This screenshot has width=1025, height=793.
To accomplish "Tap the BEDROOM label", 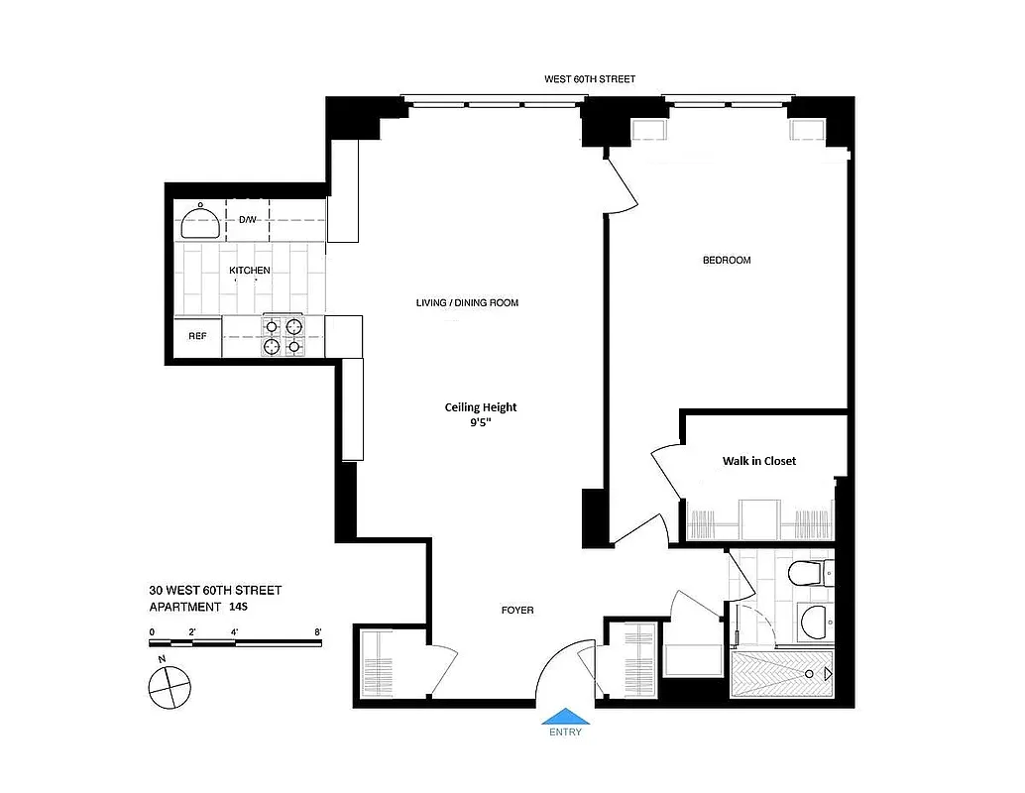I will click(x=727, y=261).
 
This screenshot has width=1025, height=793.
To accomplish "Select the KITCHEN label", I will click(x=250, y=271).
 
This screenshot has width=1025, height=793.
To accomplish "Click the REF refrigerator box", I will click(x=198, y=336).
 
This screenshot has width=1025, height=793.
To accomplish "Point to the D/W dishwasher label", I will click(x=248, y=219).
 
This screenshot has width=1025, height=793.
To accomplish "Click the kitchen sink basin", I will click(x=201, y=222).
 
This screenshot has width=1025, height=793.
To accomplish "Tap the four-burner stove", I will click(x=283, y=336).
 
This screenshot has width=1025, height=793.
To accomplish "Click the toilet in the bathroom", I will click(x=811, y=572).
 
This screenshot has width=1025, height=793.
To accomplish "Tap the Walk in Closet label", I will click(x=758, y=461).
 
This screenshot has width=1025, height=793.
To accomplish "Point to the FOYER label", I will click(x=517, y=611).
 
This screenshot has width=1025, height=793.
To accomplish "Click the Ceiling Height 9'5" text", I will click(x=481, y=414).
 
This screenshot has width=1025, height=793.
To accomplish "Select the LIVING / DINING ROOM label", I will click(x=467, y=303).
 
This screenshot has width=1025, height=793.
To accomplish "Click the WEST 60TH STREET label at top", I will click(x=590, y=78).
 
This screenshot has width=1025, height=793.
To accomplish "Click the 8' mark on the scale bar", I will click(x=317, y=630).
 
